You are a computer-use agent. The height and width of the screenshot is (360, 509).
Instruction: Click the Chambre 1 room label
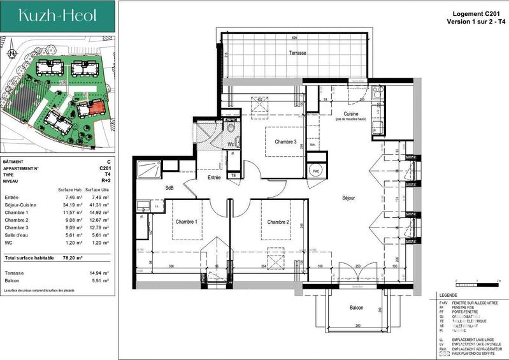tap(186, 221)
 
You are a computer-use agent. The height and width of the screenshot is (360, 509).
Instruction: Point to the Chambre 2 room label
tap(278, 222)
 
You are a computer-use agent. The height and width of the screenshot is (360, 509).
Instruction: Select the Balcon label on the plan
tap(356, 308)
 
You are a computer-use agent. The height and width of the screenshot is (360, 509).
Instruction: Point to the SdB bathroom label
tap(170, 188)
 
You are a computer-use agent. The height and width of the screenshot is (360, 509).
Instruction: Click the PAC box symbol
tap(315, 171)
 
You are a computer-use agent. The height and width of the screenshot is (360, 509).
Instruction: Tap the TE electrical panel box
tap(234, 176)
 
